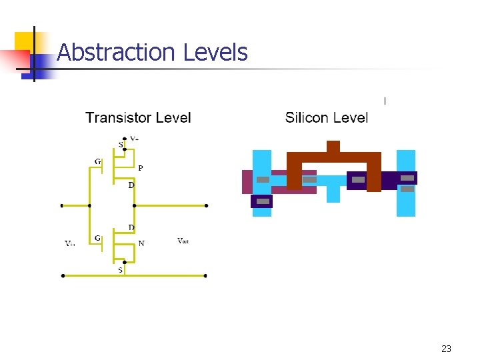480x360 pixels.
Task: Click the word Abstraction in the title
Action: (106, 52)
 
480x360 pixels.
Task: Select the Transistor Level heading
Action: (138, 118)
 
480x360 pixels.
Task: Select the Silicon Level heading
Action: (326, 118)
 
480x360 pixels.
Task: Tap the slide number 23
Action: (446, 349)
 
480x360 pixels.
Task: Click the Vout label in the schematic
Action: (183, 241)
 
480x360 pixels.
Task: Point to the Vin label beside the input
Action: (70, 243)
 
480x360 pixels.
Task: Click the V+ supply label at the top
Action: (134, 139)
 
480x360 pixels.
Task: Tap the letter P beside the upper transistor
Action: (140, 168)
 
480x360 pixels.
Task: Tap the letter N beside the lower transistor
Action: (141, 243)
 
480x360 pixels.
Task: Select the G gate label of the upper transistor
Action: (98, 161)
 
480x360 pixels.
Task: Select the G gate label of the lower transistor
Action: (98, 237)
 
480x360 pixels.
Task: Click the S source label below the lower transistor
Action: (121, 270)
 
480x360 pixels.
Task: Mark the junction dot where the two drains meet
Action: (134, 206)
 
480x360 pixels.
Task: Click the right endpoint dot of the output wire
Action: (207, 206)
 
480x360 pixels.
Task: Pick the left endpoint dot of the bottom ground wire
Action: (63, 275)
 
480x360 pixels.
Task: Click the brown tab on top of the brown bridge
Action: (333, 147)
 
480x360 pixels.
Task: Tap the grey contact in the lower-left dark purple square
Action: (263, 201)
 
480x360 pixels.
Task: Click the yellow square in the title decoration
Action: (25, 41)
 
